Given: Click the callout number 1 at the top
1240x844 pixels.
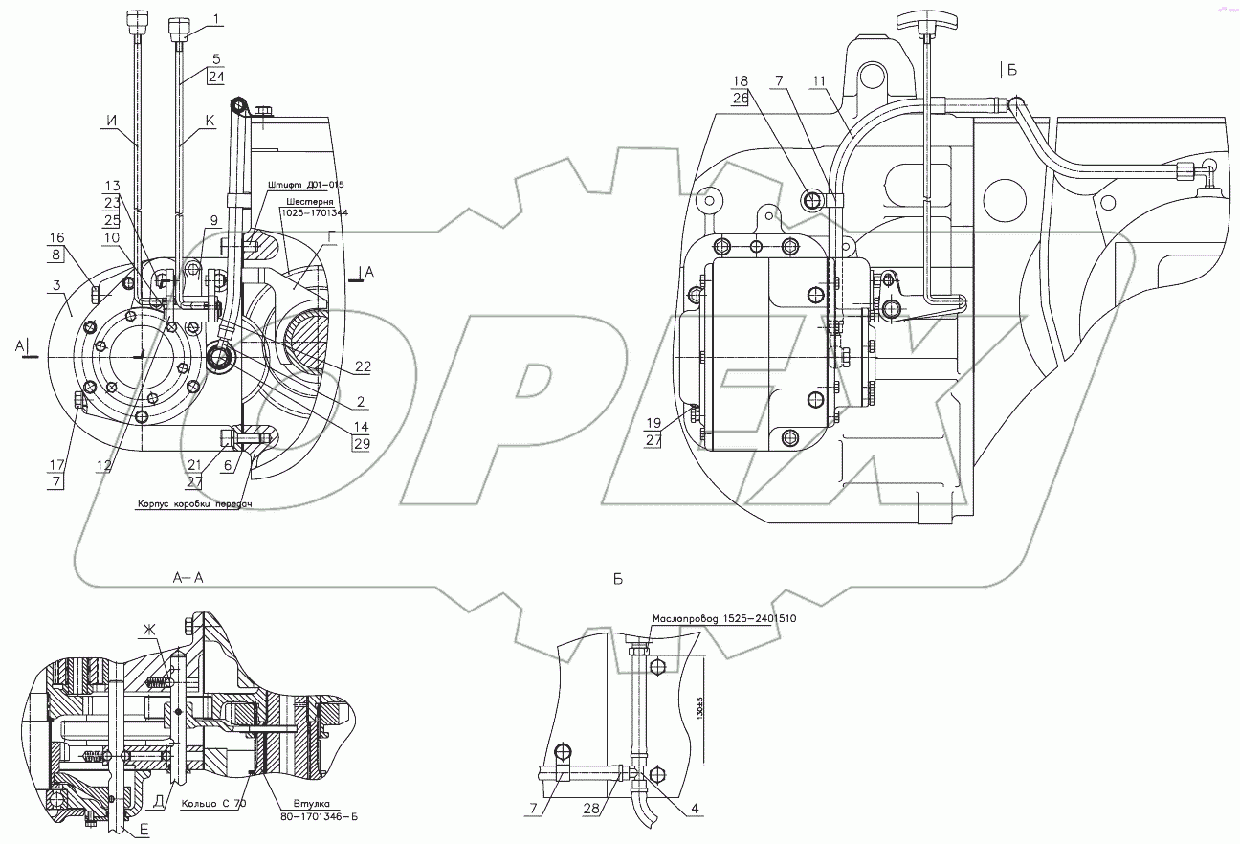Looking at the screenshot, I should pos(216,18).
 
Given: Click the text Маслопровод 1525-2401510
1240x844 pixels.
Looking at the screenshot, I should pos(724,619).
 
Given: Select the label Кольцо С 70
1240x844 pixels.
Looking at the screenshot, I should pos(212,804).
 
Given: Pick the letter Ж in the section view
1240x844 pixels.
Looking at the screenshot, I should pos(148,629).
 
